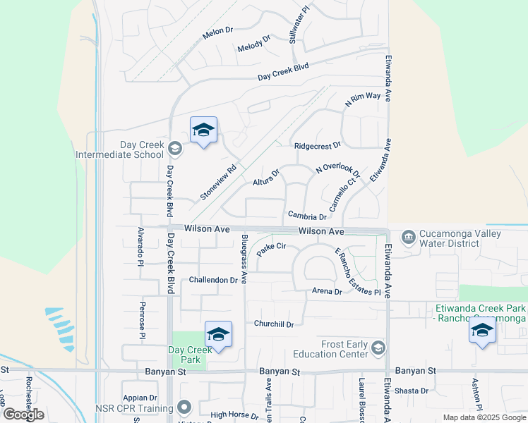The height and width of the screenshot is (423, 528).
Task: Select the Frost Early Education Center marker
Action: tap(378, 348)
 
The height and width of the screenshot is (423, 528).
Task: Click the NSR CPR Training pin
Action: tap(184, 407)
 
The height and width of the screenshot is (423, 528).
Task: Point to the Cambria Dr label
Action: tap(307, 216)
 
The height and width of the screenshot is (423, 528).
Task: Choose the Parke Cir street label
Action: tap(271, 247)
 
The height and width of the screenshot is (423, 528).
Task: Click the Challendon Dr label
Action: tap(213, 280)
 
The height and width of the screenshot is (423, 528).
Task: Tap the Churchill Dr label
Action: tap(274, 324)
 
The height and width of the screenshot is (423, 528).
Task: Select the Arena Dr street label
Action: tap(327, 291)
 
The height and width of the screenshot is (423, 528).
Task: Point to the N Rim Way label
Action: tap(362, 99)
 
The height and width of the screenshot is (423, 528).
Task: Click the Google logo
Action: tap(24, 415)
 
